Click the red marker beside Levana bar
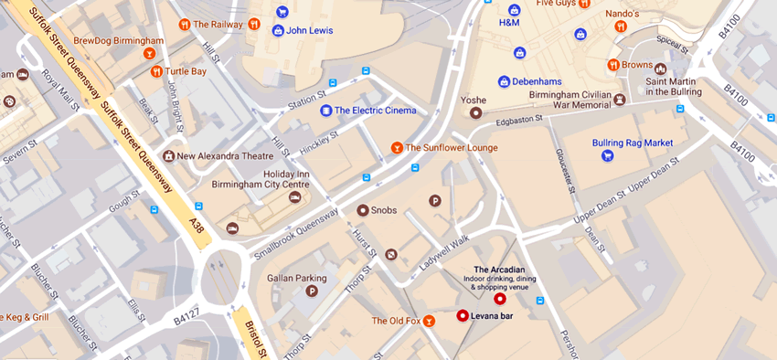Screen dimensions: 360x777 pyautogui.click(x=462, y=316)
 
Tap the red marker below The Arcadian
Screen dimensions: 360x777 pyautogui.click(x=499, y=299)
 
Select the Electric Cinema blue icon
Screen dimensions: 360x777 pyautogui.click(x=325, y=111)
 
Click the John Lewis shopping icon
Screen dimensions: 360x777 pyautogui.click(x=278, y=30)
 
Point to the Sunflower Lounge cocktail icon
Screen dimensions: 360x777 pyautogui.click(x=396, y=147)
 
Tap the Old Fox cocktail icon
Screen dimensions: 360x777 pyautogui.click(x=431, y=321)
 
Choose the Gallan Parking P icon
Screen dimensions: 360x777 pyautogui.click(x=312, y=291)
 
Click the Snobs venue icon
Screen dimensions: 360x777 pyautogui.click(x=362, y=210)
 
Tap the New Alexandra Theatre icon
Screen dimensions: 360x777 pyautogui.click(x=167, y=156)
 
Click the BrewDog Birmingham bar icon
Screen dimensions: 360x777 pyautogui.click(x=151, y=55)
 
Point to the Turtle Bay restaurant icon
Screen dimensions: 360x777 pyautogui.click(x=156, y=71)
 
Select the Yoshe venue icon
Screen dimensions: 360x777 pyautogui.click(x=474, y=113)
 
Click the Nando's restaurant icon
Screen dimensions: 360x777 pyautogui.click(x=621, y=27)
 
